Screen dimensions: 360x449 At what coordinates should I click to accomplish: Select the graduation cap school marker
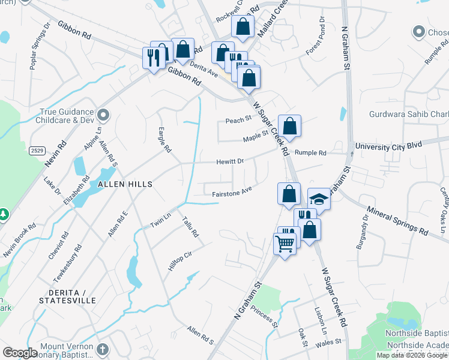319,200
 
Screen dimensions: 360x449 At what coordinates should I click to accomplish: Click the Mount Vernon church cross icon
103,349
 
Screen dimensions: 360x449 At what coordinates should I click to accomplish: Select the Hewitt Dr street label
231,162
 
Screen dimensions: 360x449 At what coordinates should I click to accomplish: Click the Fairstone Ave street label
232,193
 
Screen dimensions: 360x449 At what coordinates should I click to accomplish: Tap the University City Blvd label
389,145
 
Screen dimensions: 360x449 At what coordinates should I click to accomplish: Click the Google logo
20,353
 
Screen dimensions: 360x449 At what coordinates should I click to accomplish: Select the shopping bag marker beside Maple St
289,126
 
